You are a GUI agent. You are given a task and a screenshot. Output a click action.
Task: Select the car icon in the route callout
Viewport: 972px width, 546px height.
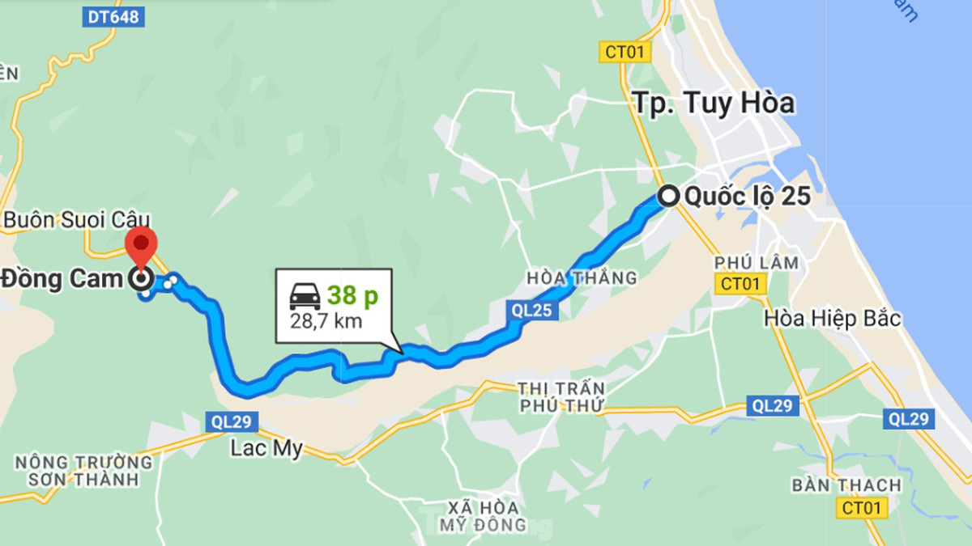tap(305, 297)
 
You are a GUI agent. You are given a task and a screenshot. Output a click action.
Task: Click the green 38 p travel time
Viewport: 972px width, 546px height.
tap(352, 297)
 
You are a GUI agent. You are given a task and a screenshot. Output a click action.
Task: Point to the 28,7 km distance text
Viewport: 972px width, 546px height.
tap(326, 321)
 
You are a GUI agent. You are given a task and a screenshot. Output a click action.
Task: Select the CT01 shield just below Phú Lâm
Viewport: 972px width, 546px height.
tap(740, 283)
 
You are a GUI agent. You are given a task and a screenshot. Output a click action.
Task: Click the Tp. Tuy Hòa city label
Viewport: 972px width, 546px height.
tap(713, 104)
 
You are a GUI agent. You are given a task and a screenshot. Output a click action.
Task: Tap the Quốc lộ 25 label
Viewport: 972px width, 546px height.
tap(747, 197)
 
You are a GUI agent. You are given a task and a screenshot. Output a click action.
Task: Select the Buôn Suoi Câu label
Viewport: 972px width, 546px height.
tap(77, 220)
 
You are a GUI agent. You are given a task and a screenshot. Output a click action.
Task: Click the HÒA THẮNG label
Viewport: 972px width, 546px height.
tap(582, 278)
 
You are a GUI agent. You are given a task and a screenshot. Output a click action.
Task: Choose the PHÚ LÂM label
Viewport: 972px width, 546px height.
tap(757, 263)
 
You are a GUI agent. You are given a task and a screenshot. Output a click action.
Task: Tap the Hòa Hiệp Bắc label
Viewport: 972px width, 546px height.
tap(832, 319)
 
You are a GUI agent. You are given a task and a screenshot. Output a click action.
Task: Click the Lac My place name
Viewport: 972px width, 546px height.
tap(266, 449)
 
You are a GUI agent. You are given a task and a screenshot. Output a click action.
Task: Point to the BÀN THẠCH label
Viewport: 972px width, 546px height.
tap(846, 485)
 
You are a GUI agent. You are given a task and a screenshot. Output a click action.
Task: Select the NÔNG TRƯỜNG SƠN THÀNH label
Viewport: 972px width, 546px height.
tap(83, 471)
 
